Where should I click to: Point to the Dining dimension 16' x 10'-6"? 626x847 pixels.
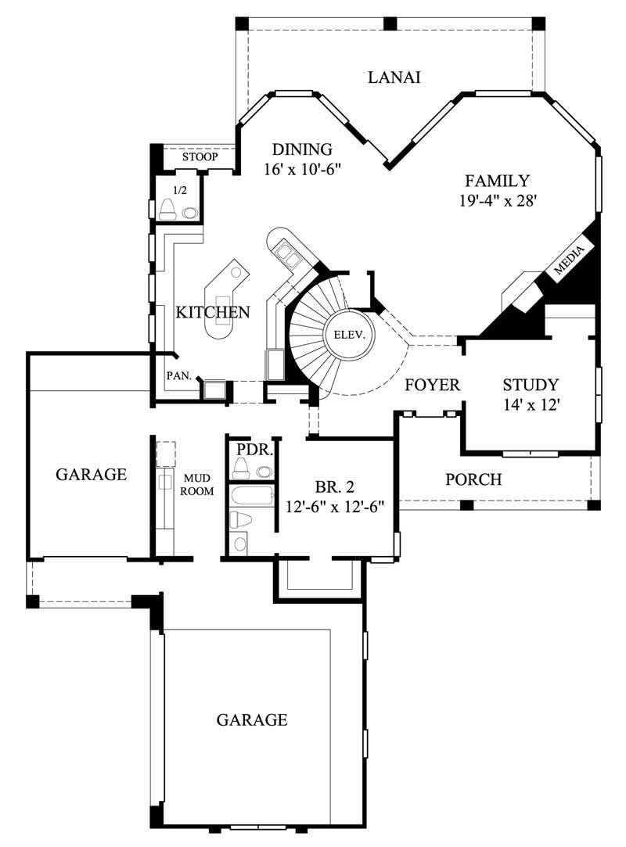click(x=302, y=168)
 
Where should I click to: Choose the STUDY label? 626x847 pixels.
click(x=531, y=385)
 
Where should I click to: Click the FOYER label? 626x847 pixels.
click(x=432, y=386)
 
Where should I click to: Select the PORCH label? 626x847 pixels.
click(x=473, y=479)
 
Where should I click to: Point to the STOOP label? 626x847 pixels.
click(x=199, y=157)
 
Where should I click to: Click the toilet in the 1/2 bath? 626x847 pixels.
click(x=168, y=209)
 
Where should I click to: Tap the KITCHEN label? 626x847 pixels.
click(x=212, y=313)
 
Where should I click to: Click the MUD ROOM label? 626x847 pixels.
click(x=198, y=484)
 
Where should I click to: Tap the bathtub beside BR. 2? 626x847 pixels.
click(x=251, y=495)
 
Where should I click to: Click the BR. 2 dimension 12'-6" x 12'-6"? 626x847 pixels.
click(x=334, y=506)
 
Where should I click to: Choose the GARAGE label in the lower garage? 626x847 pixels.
click(x=251, y=720)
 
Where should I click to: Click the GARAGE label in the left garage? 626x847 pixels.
click(x=91, y=474)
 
